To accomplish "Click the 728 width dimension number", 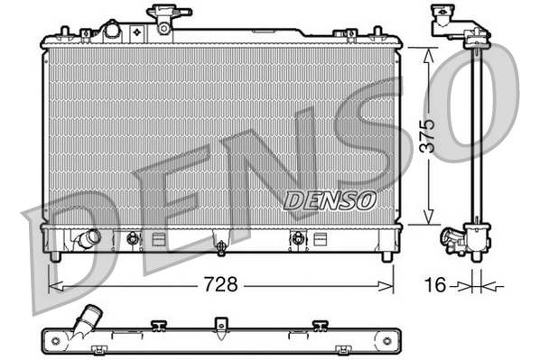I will [221, 285].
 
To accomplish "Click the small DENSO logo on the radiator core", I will [327, 200].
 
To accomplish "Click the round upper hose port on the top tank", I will [112, 31].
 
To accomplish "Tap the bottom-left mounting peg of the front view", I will [56, 255].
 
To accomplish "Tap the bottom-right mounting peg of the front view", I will [386, 255].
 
